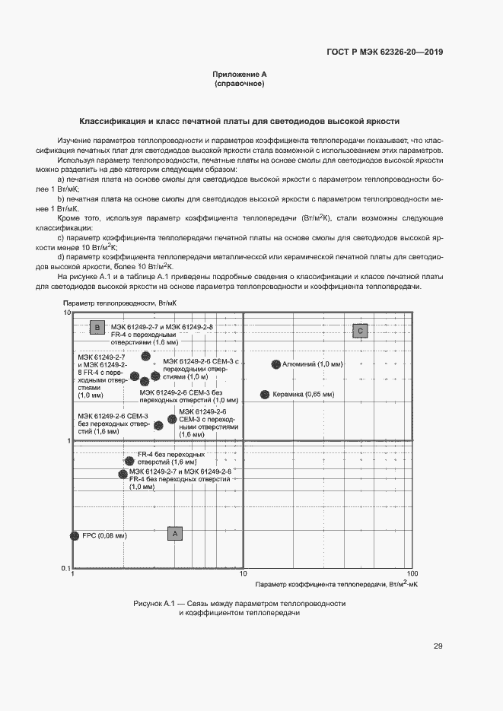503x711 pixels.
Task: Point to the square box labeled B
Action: tap(97, 328)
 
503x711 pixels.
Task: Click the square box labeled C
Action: tap(360, 330)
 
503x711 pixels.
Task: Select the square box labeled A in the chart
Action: tap(175, 534)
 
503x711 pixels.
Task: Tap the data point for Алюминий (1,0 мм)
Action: tap(275, 365)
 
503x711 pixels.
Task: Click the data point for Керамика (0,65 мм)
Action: tap(265, 395)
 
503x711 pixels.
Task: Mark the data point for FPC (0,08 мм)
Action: tap(75, 536)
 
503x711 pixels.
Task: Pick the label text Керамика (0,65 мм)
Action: tap(303, 395)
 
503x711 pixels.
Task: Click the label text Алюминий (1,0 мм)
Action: tap(312, 365)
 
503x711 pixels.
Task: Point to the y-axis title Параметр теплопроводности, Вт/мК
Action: tap(114, 303)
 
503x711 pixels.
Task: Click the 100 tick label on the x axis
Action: tap(412, 575)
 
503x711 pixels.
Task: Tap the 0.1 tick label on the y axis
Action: tap(66, 569)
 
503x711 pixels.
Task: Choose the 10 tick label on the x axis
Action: tap(244, 575)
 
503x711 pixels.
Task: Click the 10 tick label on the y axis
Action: tap(67, 313)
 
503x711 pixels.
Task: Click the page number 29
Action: tap(438, 646)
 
